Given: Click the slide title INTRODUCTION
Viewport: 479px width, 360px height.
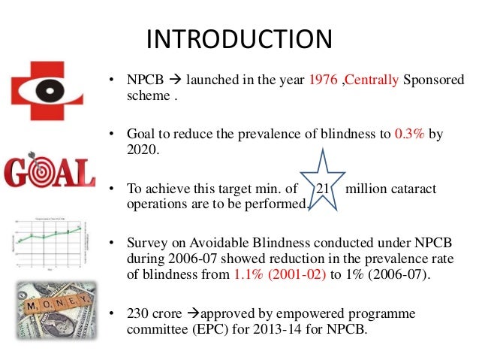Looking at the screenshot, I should pyautogui.click(x=239, y=39).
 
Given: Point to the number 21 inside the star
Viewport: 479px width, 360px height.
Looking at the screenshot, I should pyautogui.click(x=324, y=189).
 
